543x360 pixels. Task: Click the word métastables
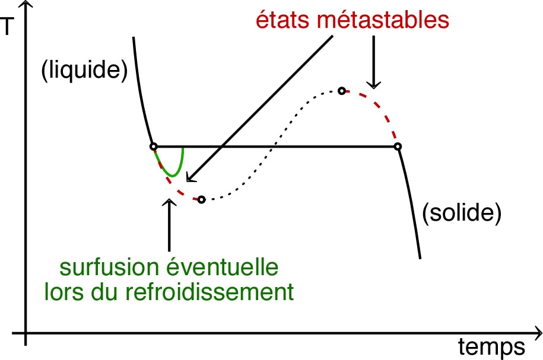383,20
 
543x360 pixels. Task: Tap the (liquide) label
84,70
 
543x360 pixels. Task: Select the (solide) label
462,212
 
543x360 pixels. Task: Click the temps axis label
491,347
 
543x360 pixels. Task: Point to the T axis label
7,26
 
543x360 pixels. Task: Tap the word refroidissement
209,292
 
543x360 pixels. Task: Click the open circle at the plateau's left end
154,146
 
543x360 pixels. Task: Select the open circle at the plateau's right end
398,146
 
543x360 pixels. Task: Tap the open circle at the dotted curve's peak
342,91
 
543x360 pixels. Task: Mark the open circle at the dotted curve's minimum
202,200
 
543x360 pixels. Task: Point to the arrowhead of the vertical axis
26,4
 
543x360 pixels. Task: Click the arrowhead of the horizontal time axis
538,333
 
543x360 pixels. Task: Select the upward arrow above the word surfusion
169,225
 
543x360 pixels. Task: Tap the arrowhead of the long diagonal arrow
190,178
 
